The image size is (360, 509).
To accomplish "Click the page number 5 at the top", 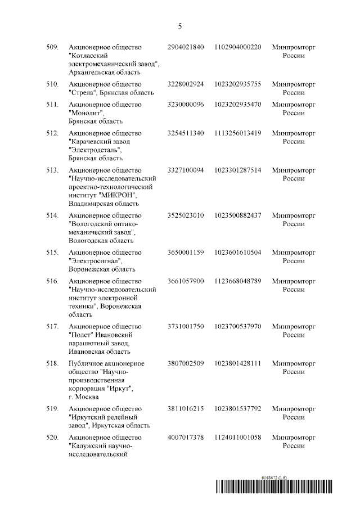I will (180, 26).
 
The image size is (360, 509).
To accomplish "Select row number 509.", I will (52, 47).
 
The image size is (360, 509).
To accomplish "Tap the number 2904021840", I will (186, 47).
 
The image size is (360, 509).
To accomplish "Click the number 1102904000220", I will (238, 47).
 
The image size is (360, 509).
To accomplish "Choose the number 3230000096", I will (186, 104).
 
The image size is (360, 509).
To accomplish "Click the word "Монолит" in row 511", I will (84, 112).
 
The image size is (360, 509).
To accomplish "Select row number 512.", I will (52, 133).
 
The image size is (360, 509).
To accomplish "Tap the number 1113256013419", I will (238, 133).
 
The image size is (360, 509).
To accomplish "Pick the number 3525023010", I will (186, 215).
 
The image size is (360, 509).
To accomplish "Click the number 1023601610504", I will (238, 253).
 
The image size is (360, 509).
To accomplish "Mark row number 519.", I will (52, 409).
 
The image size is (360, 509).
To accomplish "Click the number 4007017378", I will (186, 438).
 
